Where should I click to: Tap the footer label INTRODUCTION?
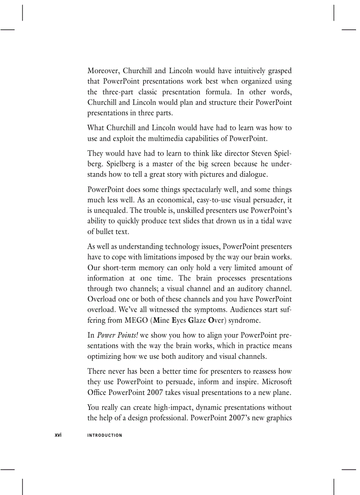point(105,435)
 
